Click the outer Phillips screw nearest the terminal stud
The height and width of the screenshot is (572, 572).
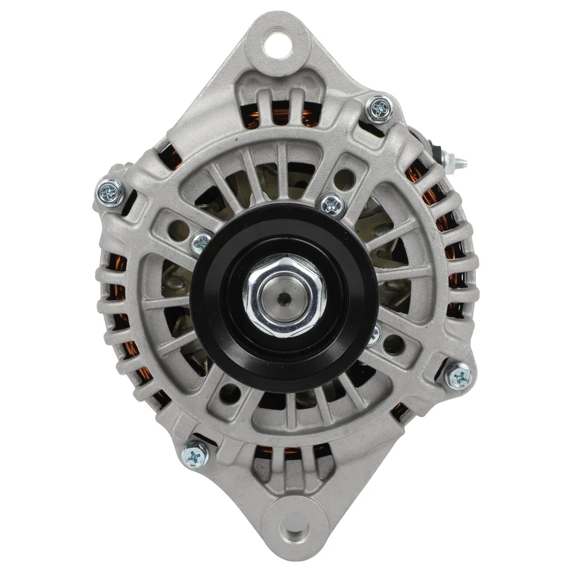(x=378, y=108)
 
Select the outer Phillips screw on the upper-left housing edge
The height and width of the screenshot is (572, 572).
(x=111, y=191)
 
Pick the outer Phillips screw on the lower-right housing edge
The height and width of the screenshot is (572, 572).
(x=459, y=375)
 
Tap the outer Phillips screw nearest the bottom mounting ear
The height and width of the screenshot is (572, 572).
(x=195, y=456)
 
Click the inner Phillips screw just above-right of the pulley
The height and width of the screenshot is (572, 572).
(x=332, y=205)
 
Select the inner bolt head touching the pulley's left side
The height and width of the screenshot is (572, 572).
(x=201, y=242)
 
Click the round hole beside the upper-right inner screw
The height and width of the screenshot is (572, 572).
(x=344, y=177)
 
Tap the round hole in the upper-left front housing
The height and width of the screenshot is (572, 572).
(x=176, y=228)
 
